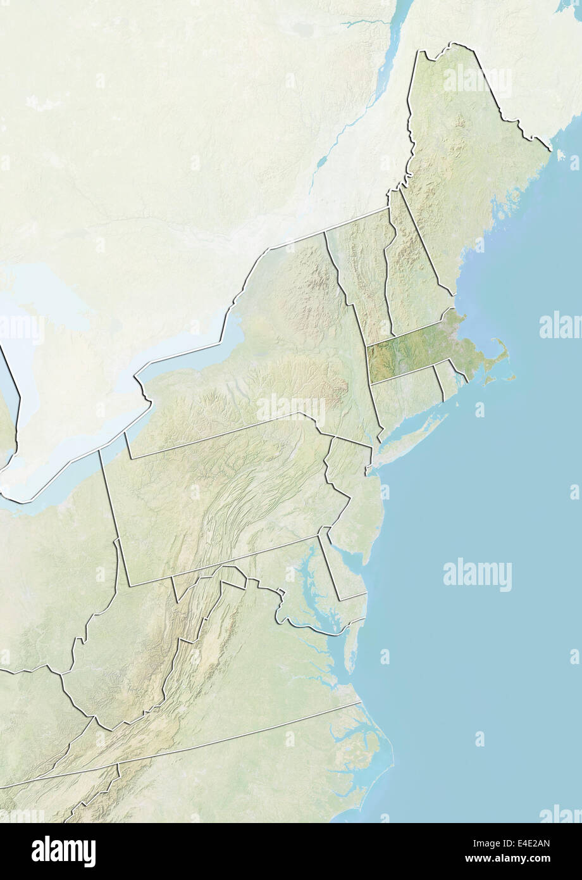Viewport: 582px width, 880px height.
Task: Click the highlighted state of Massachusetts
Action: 411,351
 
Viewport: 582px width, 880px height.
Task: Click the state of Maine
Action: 468,165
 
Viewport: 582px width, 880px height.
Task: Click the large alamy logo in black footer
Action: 64,851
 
